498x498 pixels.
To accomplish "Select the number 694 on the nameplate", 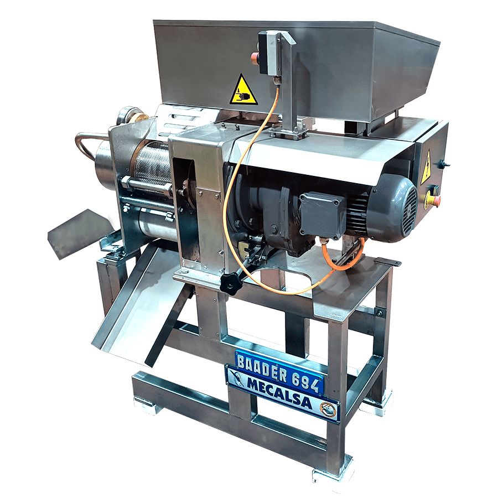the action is pyautogui.click(x=305, y=381).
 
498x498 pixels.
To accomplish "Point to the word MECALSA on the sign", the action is pyautogui.click(x=279, y=395).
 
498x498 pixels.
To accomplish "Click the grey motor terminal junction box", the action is pyautogui.click(x=322, y=216).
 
